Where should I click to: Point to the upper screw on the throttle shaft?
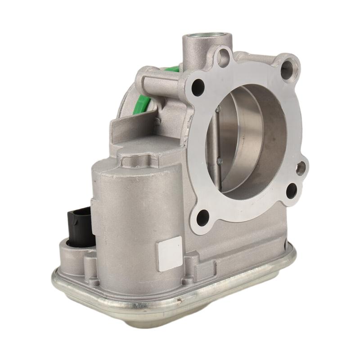point(218,109)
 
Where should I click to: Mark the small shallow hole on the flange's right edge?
point(301,168)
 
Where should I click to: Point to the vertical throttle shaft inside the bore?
point(218,135)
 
